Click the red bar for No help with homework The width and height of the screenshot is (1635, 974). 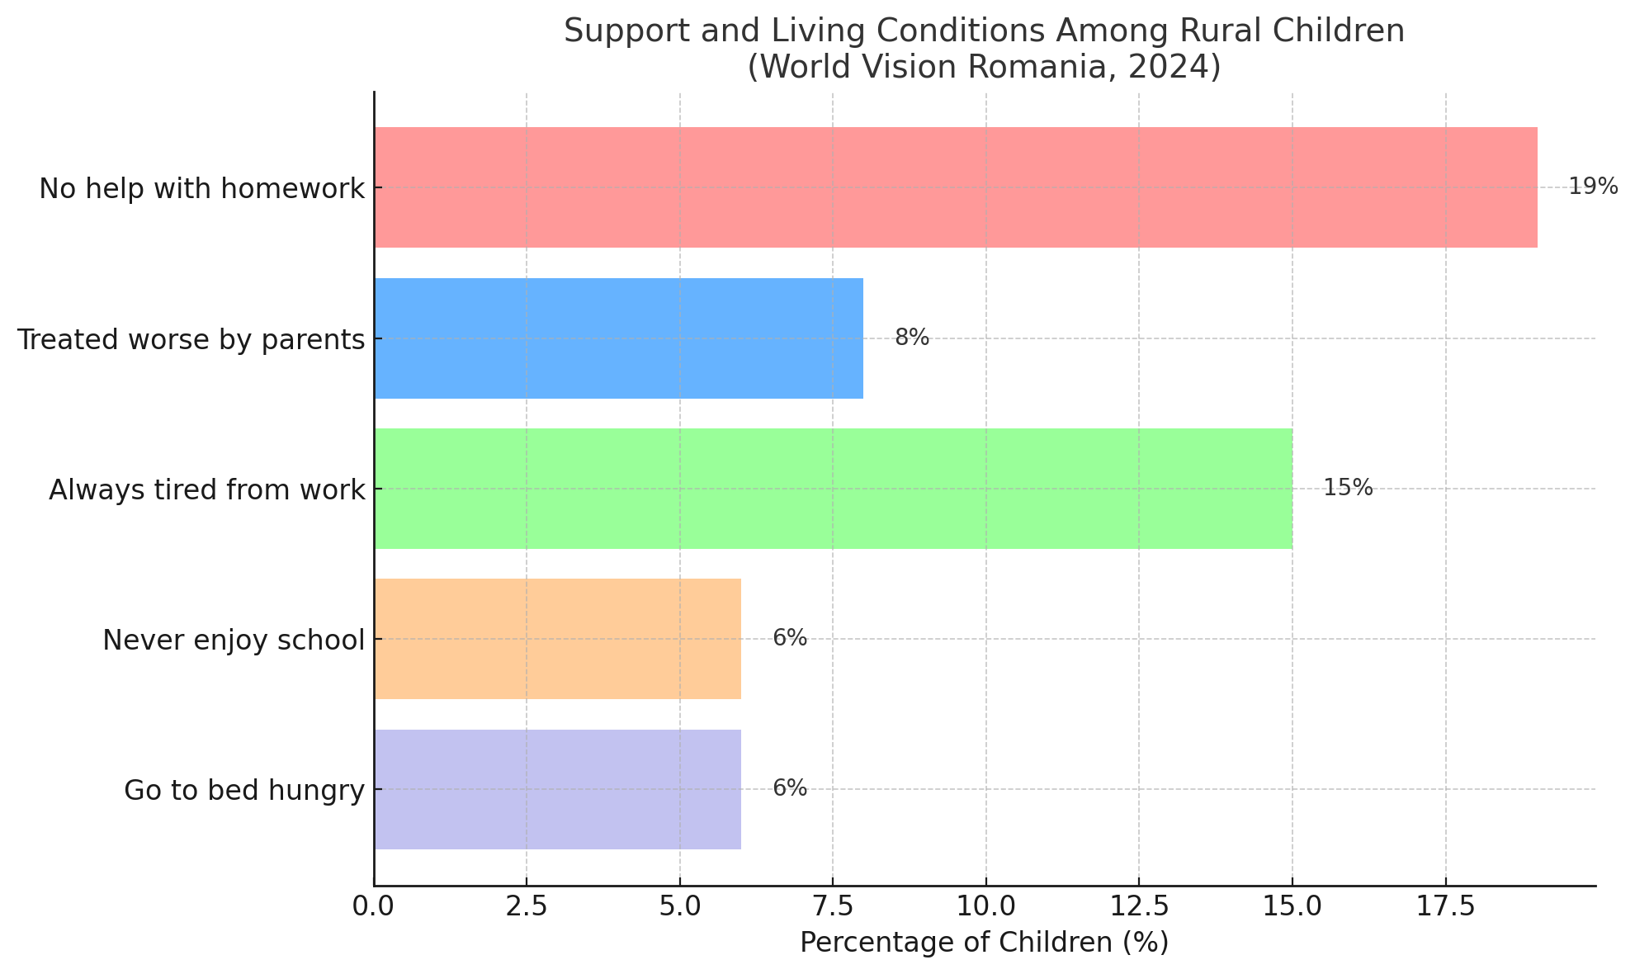tap(956, 187)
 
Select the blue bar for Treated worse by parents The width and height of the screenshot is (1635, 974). tap(619, 338)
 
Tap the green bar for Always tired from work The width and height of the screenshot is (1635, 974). tap(834, 489)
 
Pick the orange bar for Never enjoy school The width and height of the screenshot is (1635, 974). tap(558, 639)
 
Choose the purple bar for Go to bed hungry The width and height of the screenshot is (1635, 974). tap(558, 789)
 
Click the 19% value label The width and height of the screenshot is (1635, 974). tap(1593, 187)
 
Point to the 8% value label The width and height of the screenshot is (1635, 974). tap(912, 338)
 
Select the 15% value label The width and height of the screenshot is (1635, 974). tap(1348, 488)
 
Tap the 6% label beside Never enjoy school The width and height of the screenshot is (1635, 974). tap(790, 638)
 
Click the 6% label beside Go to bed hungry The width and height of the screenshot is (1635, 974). tap(790, 788)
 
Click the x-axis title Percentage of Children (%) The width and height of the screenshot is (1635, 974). tap(984, 943)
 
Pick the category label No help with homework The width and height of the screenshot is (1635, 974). tap(202, 189)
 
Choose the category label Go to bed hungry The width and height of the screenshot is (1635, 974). tap(244, 791)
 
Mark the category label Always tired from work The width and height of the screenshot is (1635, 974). tap(206, 490)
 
